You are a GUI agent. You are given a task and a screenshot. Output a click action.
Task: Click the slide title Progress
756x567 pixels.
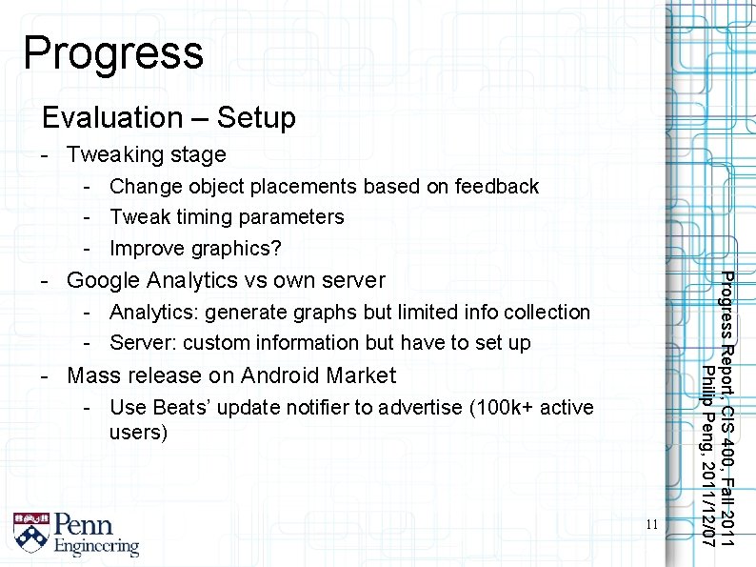(x=112, y=52)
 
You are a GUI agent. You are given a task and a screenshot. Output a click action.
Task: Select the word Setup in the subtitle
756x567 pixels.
(x=256, y=119)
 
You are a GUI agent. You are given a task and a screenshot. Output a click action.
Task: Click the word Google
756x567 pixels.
(x=103, y=280)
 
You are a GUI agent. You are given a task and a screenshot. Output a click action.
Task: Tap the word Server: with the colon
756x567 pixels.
(x=143, y=343)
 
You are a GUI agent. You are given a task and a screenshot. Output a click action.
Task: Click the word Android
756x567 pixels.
(x=284, y=375)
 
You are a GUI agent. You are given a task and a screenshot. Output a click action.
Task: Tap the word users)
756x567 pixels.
(x=139, y=434)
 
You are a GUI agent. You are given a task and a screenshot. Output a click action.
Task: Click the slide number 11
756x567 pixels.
(x=651, y=524)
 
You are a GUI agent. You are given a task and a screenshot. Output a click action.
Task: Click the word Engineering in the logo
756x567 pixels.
(x=96, y=547)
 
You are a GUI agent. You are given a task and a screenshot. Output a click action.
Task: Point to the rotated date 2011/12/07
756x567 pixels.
(x=707, y=499)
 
